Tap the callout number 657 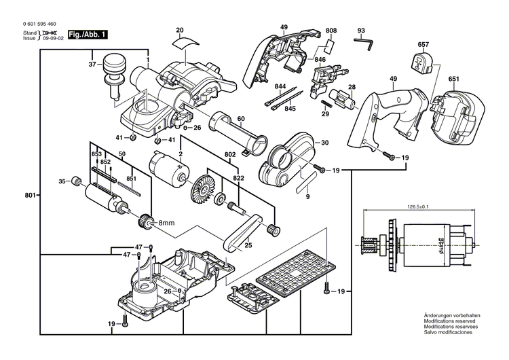tap(423, 45)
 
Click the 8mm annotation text tap(167, 223)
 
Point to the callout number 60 tap(240, 119)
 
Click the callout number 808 tap(331, 31)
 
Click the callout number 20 tap(180, 30)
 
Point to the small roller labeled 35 tap(77, 181)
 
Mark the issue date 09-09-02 tap(54, 39)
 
